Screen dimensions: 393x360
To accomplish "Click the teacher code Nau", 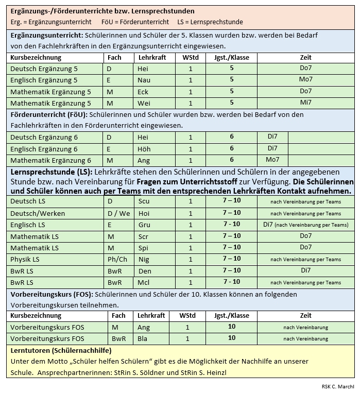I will click(144, 80).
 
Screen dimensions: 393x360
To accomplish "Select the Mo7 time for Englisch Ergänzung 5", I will click(306, 79).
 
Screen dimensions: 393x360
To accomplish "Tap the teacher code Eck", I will click(143, 92).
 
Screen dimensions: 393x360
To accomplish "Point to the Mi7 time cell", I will click(306, 102).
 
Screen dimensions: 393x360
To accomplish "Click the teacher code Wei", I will click(144, 103).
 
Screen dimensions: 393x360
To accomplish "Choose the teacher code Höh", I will click(144, 149).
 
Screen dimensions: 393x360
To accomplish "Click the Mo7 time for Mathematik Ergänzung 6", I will click(272, 160).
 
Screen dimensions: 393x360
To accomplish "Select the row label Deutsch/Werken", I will click(36, 213).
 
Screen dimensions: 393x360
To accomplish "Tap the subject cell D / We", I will click(118, 213).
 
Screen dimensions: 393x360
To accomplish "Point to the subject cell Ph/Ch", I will click(117, 259).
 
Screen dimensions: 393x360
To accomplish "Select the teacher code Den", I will click(145, 271).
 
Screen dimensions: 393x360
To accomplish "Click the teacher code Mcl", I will click(143, 282).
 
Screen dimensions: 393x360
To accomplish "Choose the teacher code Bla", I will click(142, 339).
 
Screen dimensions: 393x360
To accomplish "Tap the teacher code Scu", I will click(144, 201).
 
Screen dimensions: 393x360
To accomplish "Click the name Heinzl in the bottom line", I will click(215, 373).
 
